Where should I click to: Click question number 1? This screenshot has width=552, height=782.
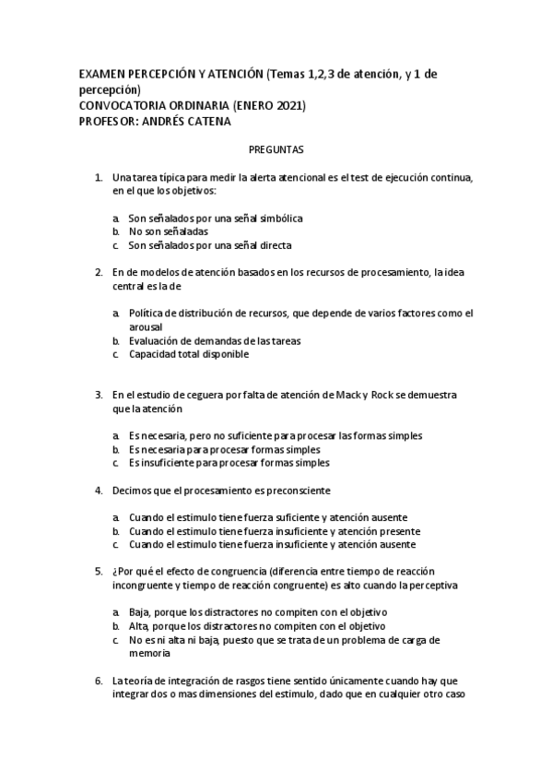click(x=99, y=176)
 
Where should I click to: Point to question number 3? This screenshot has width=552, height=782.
click(x=99, y=395)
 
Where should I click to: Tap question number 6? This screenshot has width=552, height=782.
click(x=99, y=681)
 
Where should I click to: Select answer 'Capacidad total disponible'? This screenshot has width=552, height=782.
click(x=189, y=354)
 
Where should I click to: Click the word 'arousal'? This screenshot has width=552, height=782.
click(x=146, y=326)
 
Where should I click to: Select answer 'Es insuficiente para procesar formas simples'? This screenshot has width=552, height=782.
click(x=229, y=463)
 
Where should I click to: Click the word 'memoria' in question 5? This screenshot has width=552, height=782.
click(x=149, y=653)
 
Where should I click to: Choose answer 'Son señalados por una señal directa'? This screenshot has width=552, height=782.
click(x=210, y=246)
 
